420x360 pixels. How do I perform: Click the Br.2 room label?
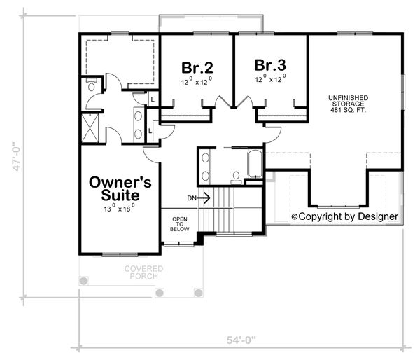point(197,68)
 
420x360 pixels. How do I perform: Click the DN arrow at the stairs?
point(204,198)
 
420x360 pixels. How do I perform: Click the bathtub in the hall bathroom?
point(254,166)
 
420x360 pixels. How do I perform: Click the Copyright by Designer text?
point(344,217)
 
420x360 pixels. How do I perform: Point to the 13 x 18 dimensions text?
point(119,209)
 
